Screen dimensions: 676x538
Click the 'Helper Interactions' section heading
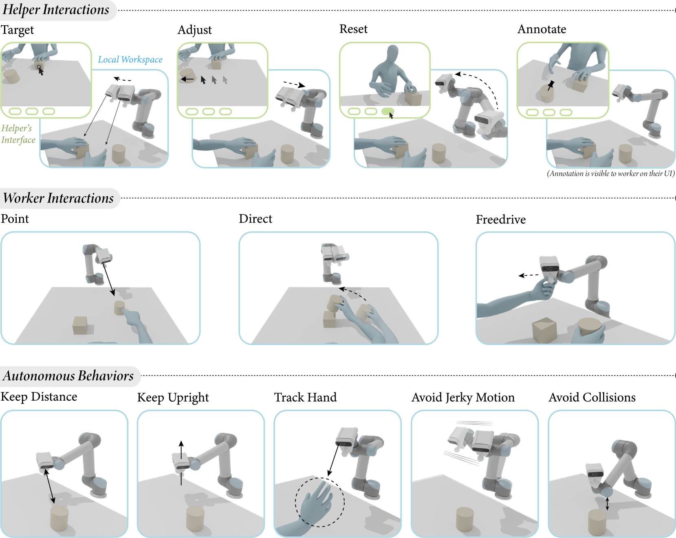pos(56,9)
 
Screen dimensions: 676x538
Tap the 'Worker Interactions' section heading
pos(58,198)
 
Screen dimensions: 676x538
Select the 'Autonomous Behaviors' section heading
pos(68,376)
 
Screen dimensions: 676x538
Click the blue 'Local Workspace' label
pos(130,59)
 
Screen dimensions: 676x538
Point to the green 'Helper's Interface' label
pos(18,134)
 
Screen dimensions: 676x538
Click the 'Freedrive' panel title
pos(501,220)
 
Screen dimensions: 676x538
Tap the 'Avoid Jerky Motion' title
pos(463,397)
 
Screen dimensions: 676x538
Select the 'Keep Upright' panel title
pos(173,397)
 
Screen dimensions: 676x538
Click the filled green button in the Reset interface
pos(388,111)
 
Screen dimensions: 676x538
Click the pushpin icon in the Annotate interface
pos(550,85)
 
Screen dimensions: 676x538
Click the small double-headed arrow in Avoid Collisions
pos(607,503)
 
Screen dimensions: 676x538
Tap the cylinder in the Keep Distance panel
pos(59,518)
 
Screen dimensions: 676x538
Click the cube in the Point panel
pos(80,325)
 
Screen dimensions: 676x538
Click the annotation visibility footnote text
pos(611,173)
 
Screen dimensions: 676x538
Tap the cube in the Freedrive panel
pos(544,329)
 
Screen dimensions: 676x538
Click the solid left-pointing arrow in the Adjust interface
pos(187,79)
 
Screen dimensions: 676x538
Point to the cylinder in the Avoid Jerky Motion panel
pos(465,519)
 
